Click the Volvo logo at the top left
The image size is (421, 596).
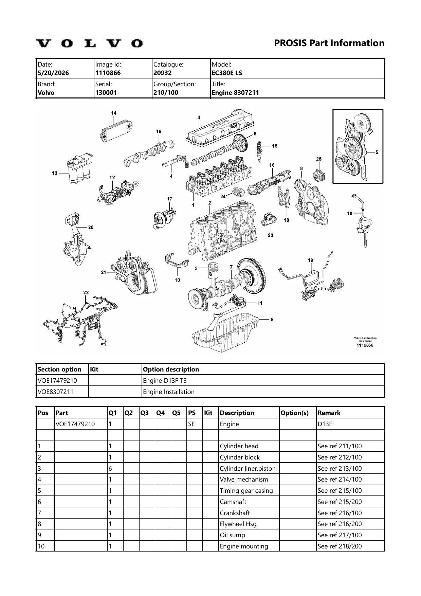pos(89,43)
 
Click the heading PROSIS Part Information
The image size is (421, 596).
pos(329,43)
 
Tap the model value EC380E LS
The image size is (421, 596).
pos(227,73)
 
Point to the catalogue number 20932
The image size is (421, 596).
pos(163,73)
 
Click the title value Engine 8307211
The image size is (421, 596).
pos(235,93)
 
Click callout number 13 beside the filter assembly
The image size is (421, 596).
pos(55,173)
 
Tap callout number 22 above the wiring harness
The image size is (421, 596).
pos(86,292)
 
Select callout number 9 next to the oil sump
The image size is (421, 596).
pos(272,319)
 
